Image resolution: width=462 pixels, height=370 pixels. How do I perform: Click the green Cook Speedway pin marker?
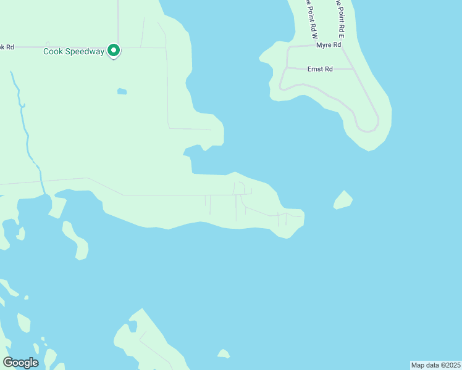(114, 51)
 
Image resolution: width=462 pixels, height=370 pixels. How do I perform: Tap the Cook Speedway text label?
(73, 52)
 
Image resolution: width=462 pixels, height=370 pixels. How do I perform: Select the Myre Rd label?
(329, 46)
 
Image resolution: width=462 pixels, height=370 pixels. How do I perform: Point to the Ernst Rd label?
(320, 69)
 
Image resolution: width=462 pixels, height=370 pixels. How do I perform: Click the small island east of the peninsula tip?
(343, 200)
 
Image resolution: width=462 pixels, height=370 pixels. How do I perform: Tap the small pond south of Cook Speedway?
(122, 92)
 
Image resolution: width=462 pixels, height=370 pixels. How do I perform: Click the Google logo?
(20, 363)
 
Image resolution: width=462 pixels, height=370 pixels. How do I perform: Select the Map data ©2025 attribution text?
(435, 365)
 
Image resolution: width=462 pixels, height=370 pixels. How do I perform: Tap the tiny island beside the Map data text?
(224, 354)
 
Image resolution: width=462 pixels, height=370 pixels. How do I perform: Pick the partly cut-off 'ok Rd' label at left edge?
(6, 47)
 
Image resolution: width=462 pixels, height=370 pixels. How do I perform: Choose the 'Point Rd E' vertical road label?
(340, 16)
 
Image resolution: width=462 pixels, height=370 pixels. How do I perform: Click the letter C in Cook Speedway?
(46, 52)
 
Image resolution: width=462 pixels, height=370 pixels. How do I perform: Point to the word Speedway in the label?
(87, 52)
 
